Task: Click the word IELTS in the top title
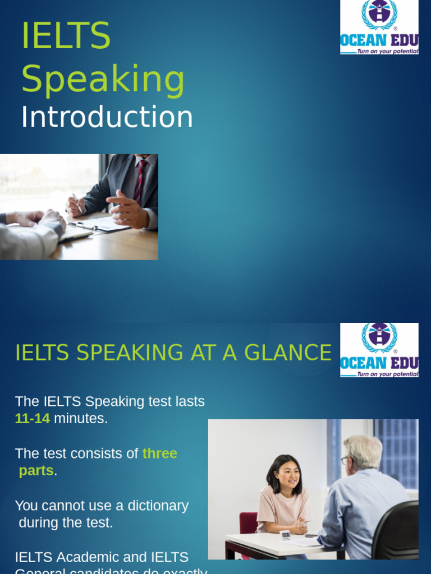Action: (66, 36)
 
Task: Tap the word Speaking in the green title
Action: (103, 79)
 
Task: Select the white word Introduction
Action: (107, 117)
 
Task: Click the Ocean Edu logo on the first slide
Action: (379, 27)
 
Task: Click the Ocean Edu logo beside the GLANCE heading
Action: (379, 350)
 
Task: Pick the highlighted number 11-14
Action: (33, 418)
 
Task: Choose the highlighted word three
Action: (160, 453)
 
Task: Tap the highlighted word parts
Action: (36, 471)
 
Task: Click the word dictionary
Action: (158, 506)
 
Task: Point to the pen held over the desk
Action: (76, 201)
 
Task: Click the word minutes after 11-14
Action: (80, 418)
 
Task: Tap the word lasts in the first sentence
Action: (190, 401)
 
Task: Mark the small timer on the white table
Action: (285, 535)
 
